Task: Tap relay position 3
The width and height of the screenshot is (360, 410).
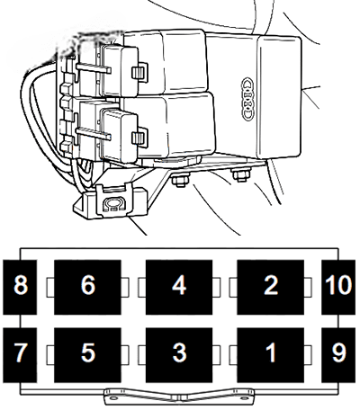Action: [179, 352]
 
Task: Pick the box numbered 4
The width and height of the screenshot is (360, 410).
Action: [179, 286]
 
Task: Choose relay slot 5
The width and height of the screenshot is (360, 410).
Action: [87, 352]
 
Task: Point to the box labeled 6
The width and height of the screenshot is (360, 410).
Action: [87, 286]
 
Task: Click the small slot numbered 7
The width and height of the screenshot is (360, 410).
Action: [19, 352]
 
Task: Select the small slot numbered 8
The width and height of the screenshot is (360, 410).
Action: [19, 286]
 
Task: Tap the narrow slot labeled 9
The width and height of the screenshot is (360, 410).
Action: [338, 352]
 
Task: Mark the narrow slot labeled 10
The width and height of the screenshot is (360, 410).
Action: [338, 286]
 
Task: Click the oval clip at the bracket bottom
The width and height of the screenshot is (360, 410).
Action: [112, 204]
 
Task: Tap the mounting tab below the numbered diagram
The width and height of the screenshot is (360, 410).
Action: [177, 393]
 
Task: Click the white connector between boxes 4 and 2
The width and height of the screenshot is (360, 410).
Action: [224, 286]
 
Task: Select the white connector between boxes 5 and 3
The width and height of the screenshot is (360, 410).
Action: [133, 352]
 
